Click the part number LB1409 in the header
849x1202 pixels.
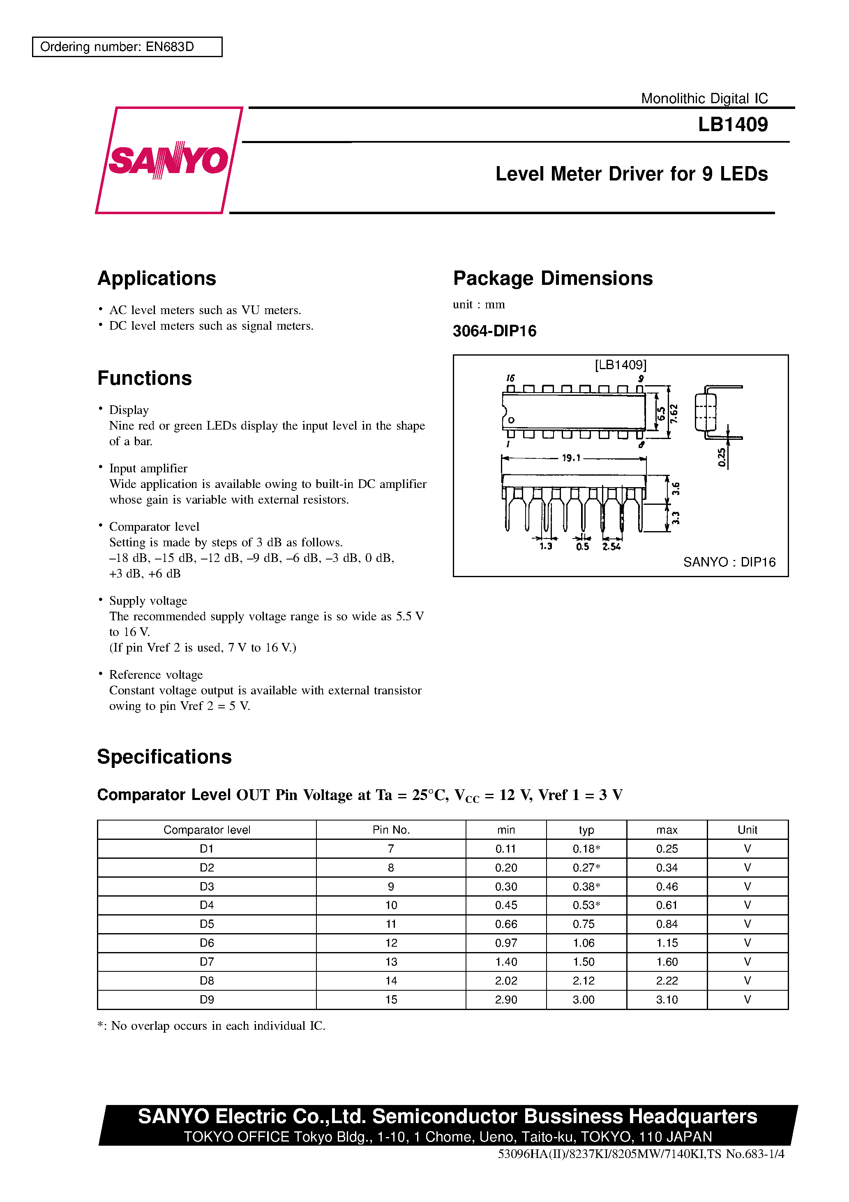(732, 125)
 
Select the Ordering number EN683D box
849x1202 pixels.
(127, 46)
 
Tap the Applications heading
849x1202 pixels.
(157, 278)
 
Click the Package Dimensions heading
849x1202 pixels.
(553, 278)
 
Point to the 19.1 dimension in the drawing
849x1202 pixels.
(571, 458)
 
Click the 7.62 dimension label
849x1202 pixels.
(674, 414)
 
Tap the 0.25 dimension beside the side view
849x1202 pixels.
(722, 457)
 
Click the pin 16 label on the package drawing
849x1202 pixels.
(510, 378)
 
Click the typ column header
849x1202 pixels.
(586, 830)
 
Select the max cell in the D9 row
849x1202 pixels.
(667, 999)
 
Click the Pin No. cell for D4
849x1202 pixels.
(391, 905)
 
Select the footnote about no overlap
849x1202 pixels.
(212, 1026)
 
